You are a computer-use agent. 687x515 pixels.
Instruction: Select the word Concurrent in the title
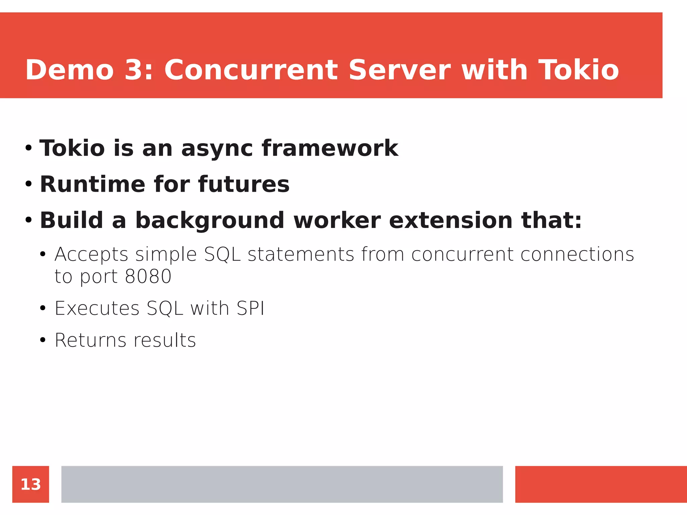251,70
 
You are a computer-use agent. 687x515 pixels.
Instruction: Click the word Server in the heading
399,70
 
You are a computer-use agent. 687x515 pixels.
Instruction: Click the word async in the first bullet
217,149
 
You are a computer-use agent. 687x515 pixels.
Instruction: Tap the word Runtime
92,184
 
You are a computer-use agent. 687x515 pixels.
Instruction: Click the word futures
244,184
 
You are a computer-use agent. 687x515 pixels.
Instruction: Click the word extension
450,220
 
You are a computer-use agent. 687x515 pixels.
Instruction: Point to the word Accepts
91,255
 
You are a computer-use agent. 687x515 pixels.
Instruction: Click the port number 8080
148,277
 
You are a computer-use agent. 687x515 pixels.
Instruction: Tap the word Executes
97,308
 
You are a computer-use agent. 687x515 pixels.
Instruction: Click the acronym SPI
250,308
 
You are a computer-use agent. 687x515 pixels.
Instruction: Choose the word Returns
90,340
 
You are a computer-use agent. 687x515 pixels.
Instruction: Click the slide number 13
31,484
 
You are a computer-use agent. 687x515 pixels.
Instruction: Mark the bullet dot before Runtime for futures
29,184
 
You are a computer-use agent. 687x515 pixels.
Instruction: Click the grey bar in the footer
282,484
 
